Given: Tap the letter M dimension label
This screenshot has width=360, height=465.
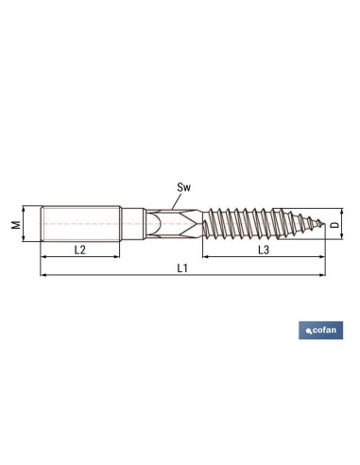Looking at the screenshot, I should click(15, 224).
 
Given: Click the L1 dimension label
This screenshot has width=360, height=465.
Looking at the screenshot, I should click(181, 268).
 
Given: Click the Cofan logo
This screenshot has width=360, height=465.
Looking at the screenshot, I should click(320, 331).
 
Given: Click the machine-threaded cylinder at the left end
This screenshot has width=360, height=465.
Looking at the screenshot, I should click(80, 224).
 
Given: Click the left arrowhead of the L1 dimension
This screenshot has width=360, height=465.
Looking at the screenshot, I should click(43, 276).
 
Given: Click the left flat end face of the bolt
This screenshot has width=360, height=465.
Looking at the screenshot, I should click(42, 224).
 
